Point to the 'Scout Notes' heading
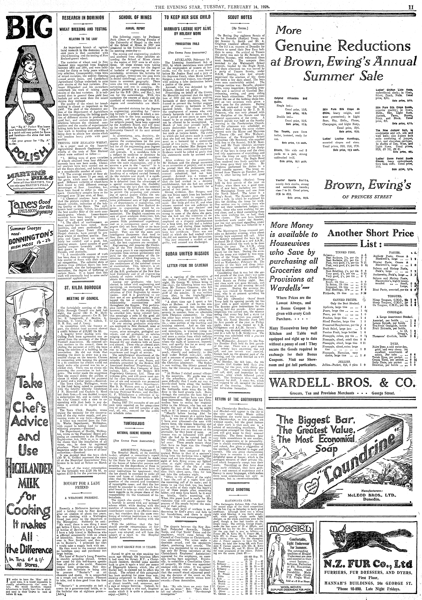click(240, 18)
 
